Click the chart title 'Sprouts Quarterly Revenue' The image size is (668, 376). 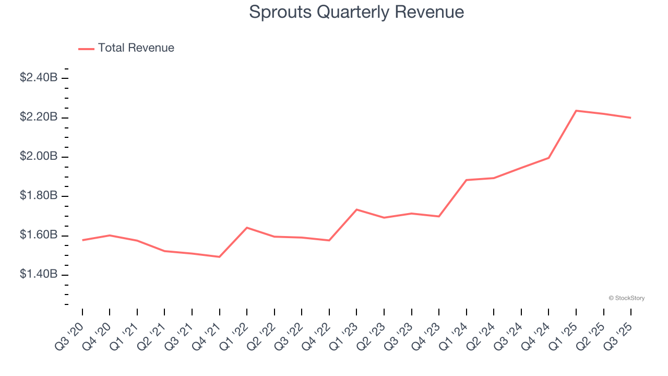point(356,12)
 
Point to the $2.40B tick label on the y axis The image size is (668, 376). point(39,78)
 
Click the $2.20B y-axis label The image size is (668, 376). point(39,117)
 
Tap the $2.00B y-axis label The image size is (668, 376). point(39,157)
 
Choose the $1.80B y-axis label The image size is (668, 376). point(39,196)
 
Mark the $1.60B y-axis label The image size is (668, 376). point(39,236)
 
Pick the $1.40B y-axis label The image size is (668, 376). point(39,275)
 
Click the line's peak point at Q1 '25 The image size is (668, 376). point(576,111)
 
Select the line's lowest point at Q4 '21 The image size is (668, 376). point(219,257)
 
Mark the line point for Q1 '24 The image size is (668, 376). point(466,180)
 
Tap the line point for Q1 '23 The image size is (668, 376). point(356,209)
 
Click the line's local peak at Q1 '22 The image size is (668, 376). point(247,228)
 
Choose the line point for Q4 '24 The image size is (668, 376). point(548,158)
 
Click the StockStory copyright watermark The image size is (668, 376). point(626,298)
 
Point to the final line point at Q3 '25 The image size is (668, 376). point(630,118)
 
